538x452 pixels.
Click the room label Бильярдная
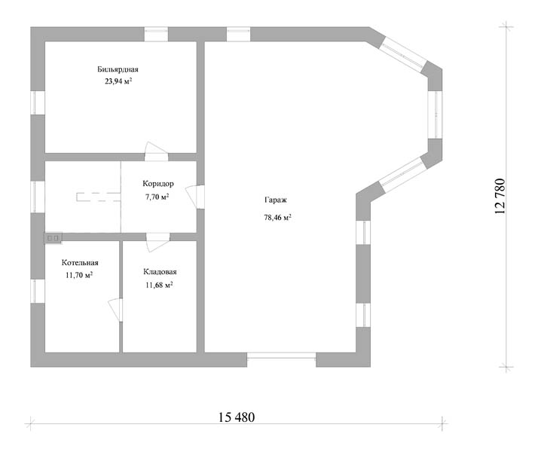coord(118,69)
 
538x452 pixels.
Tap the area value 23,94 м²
coord(119,81)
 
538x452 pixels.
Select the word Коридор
coord(158,184)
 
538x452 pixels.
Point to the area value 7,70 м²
coord(157,197)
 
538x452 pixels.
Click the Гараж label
coord(276,200)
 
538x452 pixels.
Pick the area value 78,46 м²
coord(277,217)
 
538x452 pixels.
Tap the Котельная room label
coord(80,263)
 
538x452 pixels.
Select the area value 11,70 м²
coord(79,275)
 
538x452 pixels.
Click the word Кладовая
coord(160,272)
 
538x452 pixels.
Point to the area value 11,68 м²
coord(159,285)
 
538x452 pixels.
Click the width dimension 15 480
coord(237,417)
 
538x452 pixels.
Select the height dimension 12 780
coord(500,196)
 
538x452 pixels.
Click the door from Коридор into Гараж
coord(195,197)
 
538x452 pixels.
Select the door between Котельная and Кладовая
coord(116,310)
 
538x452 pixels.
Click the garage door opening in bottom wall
coord(281,356)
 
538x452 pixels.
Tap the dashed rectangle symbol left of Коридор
coord(99,197)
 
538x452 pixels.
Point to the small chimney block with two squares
coord(53,237)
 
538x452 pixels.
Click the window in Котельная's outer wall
coord(38,291)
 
